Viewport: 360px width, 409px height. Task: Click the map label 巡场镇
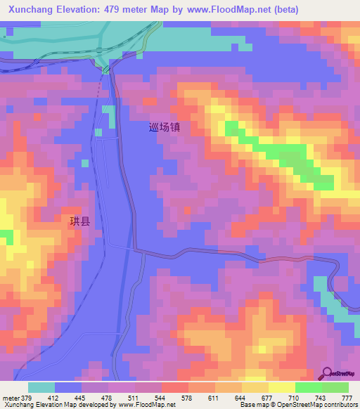coord(165,128)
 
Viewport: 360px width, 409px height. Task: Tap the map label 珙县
coord(79,221)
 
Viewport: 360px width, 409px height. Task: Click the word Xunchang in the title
coord(34,10)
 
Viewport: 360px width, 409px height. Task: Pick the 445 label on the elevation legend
coord(90,397)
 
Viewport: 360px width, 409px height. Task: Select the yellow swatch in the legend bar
coord(281,387)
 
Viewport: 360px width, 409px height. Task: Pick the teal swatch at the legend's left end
coord(41,387)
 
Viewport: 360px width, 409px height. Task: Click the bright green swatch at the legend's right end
coord(335,387)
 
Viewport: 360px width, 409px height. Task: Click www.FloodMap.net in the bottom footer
coord(148,405)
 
